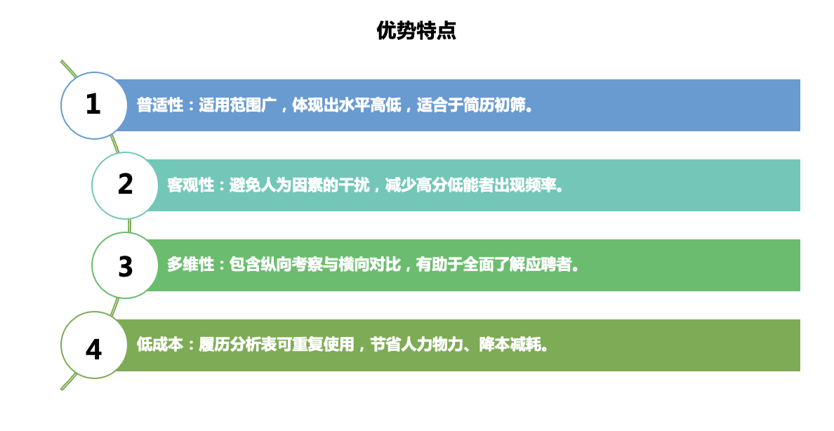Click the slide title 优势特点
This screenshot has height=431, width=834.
pos(416,30)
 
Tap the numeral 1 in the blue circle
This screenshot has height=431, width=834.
pos(93,104)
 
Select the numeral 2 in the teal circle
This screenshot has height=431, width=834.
pos(125,184)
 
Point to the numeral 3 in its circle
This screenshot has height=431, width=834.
pos(125,266)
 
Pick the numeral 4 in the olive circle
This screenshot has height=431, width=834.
pos(93,350)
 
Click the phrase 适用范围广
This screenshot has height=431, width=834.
pos(238,105)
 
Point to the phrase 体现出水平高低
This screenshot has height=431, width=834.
pos(346,105)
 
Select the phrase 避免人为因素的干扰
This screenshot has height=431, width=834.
pos(300,185)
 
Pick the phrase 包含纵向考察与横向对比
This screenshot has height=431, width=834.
pos(315,265)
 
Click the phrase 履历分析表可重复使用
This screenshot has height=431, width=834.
pos(277,344)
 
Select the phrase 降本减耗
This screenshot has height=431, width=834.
pos(510,344)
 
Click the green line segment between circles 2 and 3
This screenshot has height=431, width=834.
pos(129,225)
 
